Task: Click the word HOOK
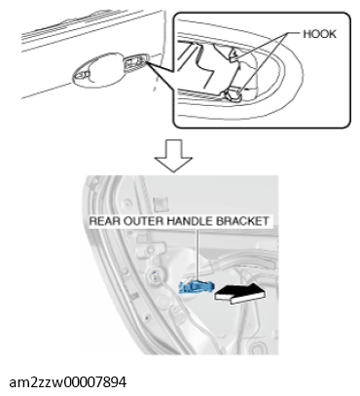click(x=319, y=34)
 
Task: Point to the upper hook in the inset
click(x=234, y=55)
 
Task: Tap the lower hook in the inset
click(x=234, y=93)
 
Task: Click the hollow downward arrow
click(x=173, y=156)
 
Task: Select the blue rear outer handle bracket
click(x=197, y=287)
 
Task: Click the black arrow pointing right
click(x=239, y=293)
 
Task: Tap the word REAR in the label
click(x=101, y=221)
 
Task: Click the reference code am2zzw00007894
click(x=68, y=382)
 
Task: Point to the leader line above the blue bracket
click(x=197, y=254)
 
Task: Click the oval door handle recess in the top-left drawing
click(x=97, y=71)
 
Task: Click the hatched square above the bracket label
click(x=162, y=203)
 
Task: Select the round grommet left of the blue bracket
click(x=155, y=277)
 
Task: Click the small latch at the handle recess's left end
click(x=82, y=75)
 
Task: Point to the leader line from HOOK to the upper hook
click(x=263, y=45)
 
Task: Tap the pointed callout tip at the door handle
click(x=147, y=61)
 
